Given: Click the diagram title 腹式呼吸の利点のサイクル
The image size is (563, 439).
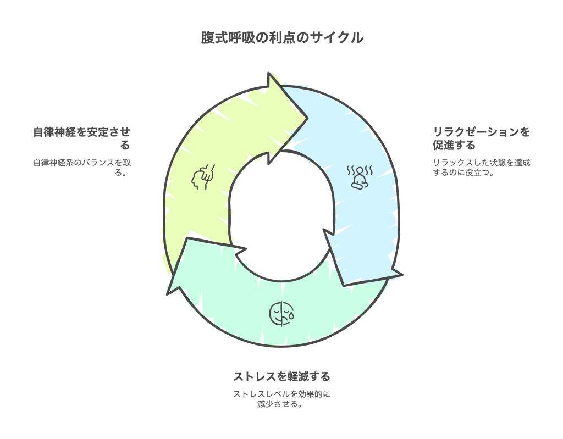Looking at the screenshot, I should coord(281,38).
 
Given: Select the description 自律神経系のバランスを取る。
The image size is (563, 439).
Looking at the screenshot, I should coord(82,168).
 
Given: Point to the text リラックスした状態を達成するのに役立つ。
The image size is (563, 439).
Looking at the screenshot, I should coord(481,168).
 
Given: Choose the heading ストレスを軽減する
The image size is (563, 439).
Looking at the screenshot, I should coord(281,376).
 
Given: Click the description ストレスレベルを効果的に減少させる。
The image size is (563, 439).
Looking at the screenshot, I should coord(281,399).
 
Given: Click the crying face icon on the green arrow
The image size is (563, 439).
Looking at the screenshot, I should coord(281,314).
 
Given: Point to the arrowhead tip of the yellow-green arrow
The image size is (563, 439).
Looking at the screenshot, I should coord(306,117).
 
